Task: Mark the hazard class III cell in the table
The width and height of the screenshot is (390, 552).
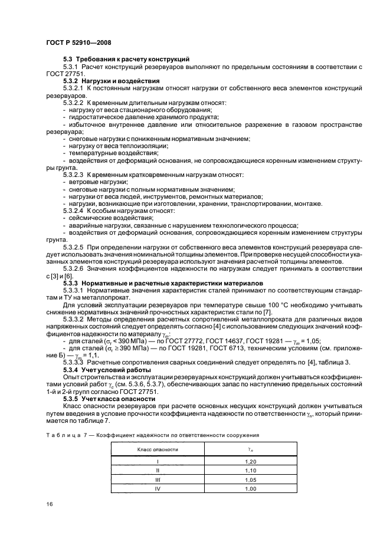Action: click(x=157, y=481)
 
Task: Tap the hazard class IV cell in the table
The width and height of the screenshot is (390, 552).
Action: click(x=157, y=489)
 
